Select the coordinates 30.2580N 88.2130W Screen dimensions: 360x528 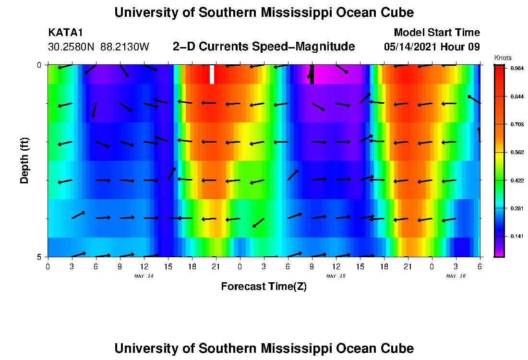99,47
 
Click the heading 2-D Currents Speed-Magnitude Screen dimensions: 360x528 264,47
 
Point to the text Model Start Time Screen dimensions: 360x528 436,33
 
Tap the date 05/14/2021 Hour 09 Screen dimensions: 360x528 432,47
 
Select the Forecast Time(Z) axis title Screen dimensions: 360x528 264,287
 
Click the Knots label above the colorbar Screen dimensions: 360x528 503,58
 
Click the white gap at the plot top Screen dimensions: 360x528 212,74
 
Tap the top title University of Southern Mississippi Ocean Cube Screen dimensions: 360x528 264,13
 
